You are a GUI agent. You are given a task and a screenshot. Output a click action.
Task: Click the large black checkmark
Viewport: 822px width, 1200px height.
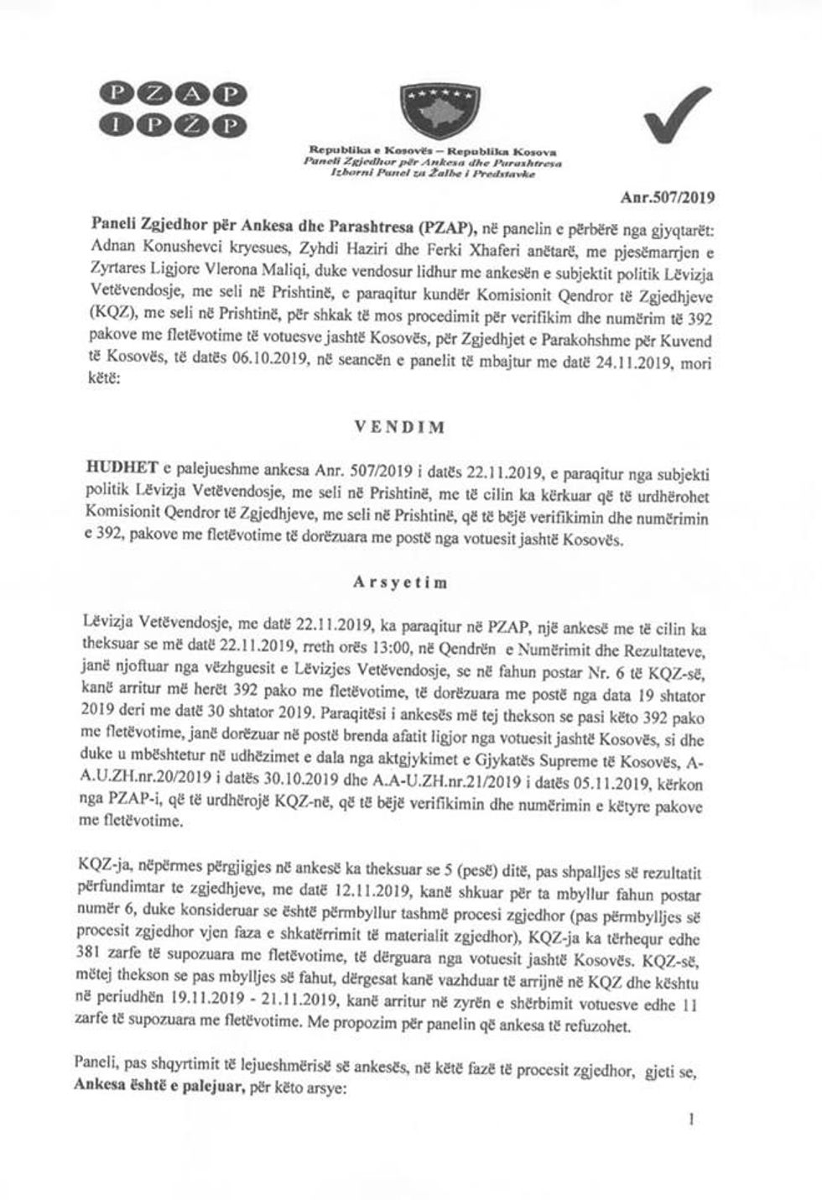[676, 117]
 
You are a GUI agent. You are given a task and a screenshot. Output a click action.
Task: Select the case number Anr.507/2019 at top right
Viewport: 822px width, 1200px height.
[667, 199]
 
